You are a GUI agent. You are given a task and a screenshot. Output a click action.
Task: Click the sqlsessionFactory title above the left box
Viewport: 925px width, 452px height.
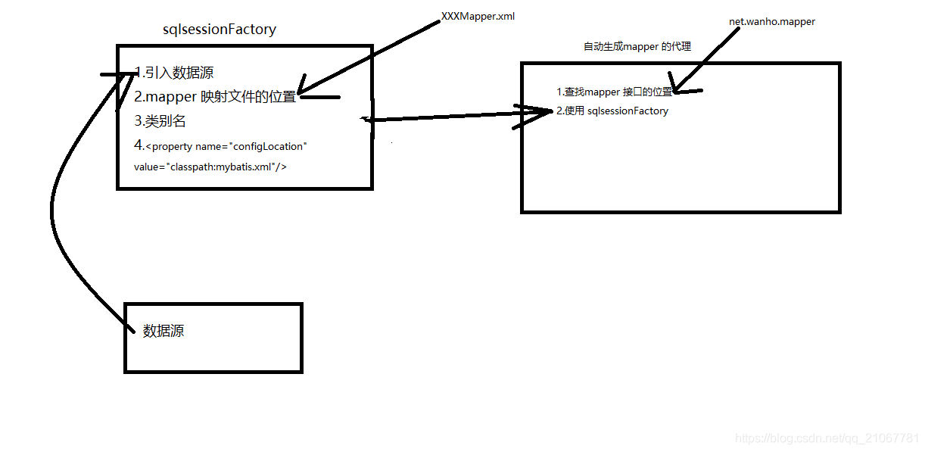pos(220,30)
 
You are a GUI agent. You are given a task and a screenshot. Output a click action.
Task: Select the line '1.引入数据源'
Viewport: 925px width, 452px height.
pos(174,73)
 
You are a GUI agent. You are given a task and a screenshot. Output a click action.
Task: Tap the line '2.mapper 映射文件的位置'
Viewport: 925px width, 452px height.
pos(215,97)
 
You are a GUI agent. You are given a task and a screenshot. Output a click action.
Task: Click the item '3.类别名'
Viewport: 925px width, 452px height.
pos(160,120)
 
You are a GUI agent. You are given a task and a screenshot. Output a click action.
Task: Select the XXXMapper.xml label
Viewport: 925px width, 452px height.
pos(478,16)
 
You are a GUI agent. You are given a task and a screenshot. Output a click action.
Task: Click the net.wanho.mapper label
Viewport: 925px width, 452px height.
pos(771,22)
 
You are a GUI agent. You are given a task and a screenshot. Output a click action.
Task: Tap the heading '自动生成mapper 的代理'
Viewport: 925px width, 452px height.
pos(637,47)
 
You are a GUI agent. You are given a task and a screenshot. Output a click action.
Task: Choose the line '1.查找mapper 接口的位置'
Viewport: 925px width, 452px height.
pos(614,92)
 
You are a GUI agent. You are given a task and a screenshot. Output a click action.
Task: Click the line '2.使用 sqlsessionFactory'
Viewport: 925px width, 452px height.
pos(612,111)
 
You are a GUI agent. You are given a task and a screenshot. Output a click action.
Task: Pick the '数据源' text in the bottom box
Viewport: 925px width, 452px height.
pos(164,331)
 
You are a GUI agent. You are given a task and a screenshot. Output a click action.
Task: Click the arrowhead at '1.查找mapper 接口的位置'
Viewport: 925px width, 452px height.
pos(676,89)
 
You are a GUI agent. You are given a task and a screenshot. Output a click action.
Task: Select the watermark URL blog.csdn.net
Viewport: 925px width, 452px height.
pos(827,438)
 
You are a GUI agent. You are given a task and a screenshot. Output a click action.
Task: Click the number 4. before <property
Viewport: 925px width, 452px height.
pos(139,145)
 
